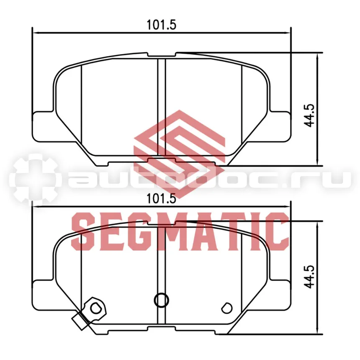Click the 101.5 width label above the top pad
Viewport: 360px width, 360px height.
162,25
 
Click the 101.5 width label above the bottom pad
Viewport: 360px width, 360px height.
162,198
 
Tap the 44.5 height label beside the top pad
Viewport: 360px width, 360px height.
309,116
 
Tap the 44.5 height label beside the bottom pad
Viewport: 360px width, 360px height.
309,277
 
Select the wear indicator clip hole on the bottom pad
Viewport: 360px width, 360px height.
95,308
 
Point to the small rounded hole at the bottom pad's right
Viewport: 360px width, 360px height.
227,308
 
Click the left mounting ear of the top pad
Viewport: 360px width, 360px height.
44,126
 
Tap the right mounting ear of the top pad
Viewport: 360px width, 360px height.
279,126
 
